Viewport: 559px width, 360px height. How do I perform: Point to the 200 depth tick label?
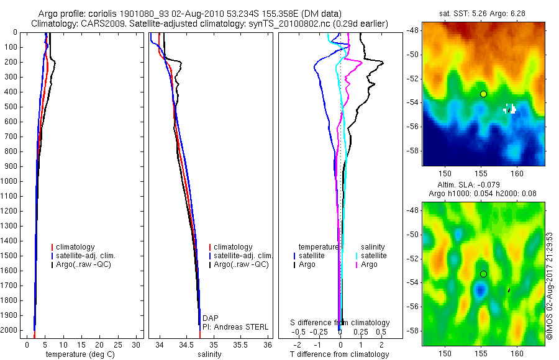pos(12,62)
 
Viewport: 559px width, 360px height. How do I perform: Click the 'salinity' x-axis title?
pos(209,354)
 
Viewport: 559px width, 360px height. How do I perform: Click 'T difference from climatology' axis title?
pos(339,354)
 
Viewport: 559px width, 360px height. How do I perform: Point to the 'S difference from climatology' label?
pos(340,323)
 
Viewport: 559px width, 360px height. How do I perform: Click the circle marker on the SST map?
pos(483,94)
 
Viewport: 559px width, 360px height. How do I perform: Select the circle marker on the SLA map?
pos(483,273)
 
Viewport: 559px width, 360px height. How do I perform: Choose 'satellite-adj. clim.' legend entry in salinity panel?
pos(243,256)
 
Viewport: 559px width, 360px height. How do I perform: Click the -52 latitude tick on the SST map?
pos(412,79)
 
